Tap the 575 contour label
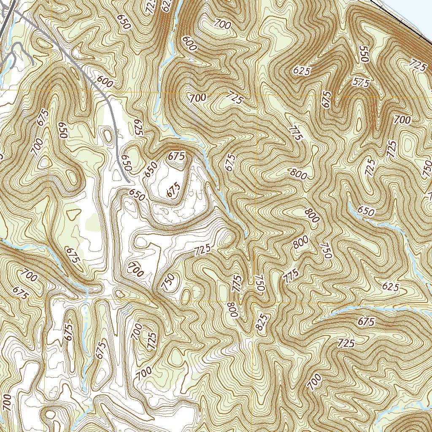click(360, 83)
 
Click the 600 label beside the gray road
click(105, 81)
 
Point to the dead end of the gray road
click(128, 181)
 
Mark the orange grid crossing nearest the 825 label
click(253, 302)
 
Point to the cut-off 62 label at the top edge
click(167, 6)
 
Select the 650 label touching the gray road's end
click(126, 163)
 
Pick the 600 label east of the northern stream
click(189, 43)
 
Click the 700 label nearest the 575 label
click(402, 120)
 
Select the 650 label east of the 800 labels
click(365, 211)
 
